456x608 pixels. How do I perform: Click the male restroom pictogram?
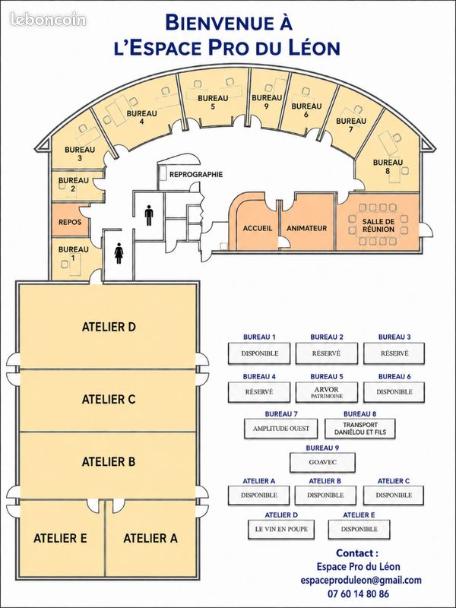pyautogui.click(x=149, y=216)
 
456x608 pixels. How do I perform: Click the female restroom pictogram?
pyautogui.click(x=119, y=254)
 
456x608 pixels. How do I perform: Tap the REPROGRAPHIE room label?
pyautogui.click(x=196, y=175)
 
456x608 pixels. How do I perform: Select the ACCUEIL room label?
pyautogui.click(x=258, y=229)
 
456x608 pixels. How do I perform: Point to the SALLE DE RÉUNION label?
pyautogui.click(x=378, y=225)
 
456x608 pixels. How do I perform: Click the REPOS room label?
pyautogui.click(x=70, y=222)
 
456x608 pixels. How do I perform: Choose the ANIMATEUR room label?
pyautogui.click(x=307, y=229)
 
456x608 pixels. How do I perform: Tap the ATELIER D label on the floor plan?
pyautogui.click(x=109, y=327)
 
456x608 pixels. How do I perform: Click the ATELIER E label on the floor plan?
pyautogui.click(x=60, y=538)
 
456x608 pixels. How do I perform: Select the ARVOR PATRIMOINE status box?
pyautogui.click(x=327, y=392)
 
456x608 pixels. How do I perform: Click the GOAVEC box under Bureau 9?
pyautogui.click(x=322, y=462)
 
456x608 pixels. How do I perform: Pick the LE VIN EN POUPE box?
pyautogui.click(x=281, y=529)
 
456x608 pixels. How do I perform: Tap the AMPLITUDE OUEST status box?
pyautogui.click(x=281, y=429)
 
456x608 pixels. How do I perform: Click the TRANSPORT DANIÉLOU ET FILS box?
pyautogui.click(x=360, y=429)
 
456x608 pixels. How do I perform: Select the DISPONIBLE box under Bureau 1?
pyautogui.click(x=259, y=353)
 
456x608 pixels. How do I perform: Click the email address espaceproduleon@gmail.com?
pyautogui.click(x=361, y=581)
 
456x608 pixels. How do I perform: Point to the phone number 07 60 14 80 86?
pyautogui.click(x=358, y=594)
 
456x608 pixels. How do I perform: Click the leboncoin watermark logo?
pyautogui.click(x=48, y=20)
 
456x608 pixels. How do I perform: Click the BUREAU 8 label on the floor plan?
pyautogui.click(x=388, y=166)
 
